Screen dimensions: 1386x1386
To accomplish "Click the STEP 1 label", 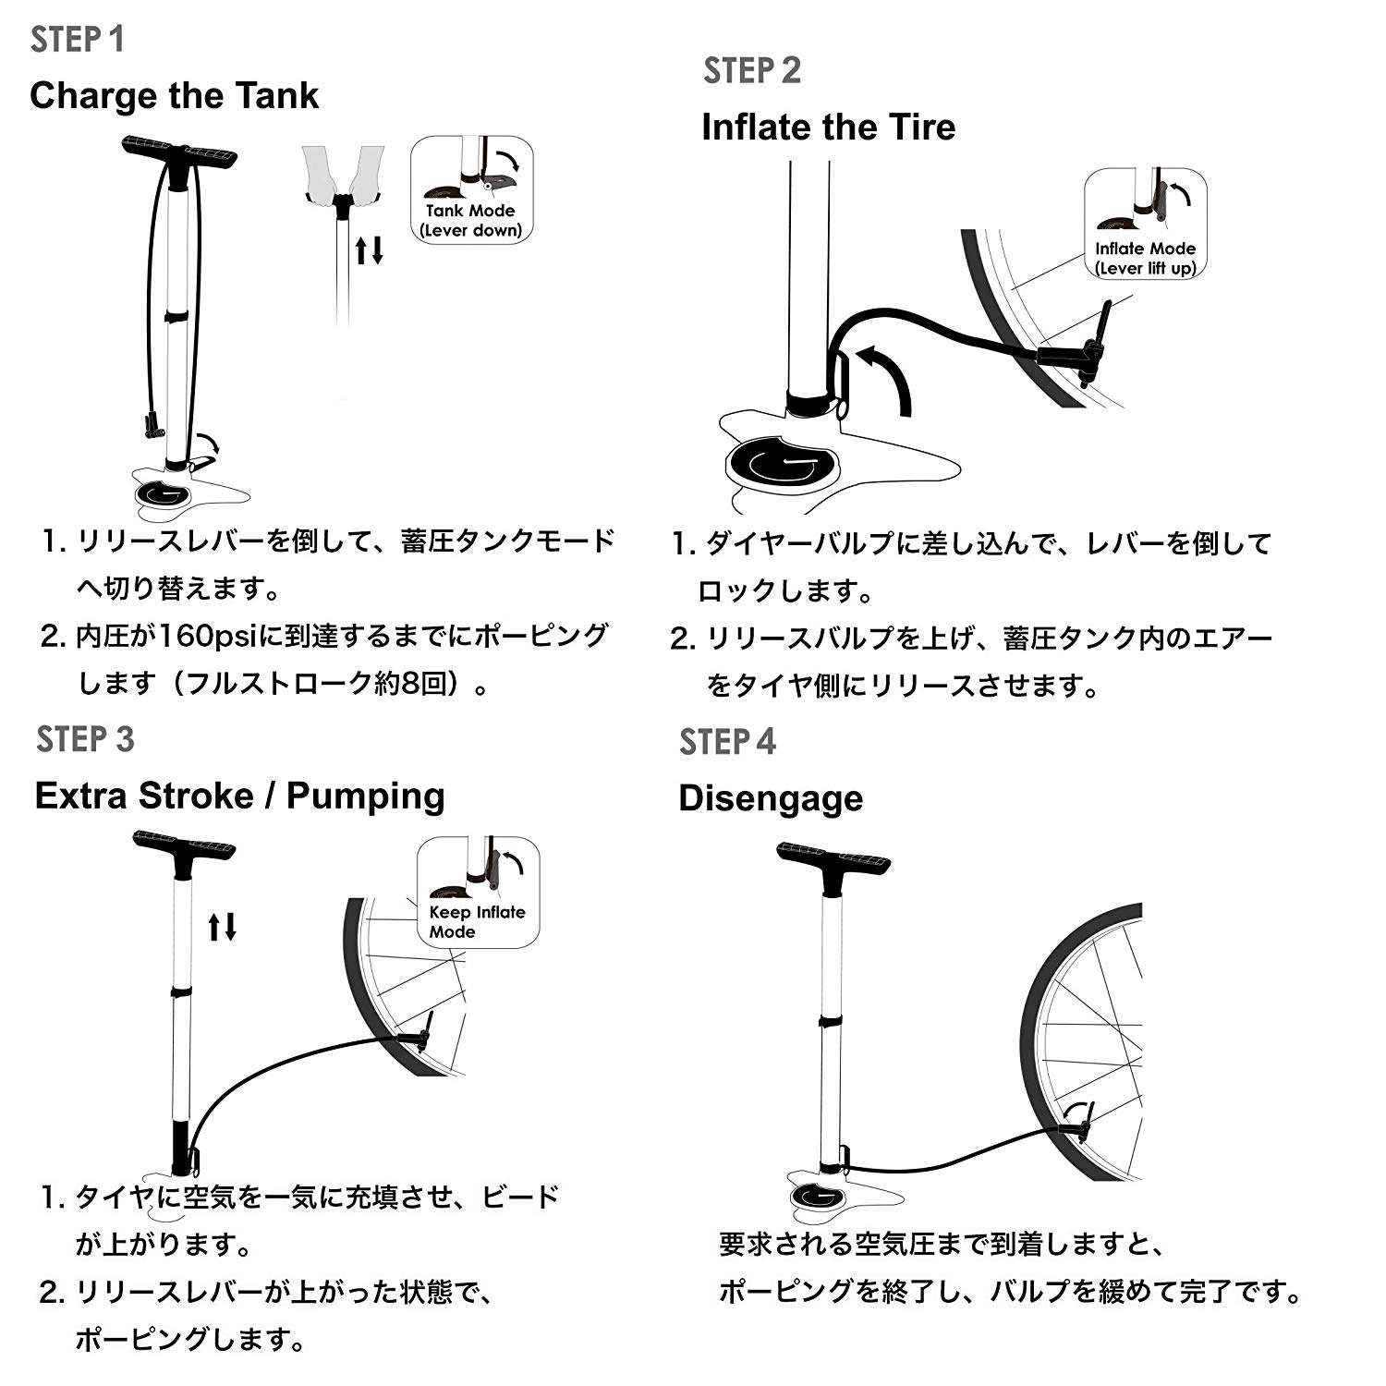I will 78,40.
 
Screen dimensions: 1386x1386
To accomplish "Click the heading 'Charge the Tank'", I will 174,96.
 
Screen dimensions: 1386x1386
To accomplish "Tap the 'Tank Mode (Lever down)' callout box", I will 471,190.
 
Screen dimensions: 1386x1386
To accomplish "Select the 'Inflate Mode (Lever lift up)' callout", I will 1145,224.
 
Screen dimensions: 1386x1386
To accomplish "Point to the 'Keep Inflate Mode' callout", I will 478,893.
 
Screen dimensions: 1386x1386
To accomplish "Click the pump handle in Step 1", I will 179,152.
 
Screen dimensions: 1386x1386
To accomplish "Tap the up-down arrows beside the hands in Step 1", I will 370,249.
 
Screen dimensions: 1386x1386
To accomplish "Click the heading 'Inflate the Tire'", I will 828,128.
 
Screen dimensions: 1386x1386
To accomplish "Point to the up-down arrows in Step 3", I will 222,926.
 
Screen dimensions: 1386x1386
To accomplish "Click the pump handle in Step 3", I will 184,846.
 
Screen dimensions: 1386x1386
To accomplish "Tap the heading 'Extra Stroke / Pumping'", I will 239,796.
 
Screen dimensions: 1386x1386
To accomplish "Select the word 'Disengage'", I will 770,798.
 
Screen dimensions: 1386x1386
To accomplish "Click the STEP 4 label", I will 727,742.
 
